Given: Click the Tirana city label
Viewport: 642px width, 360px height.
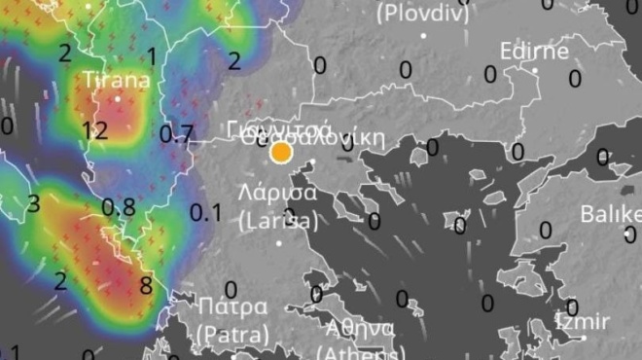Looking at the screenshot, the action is click(x=117, y=80).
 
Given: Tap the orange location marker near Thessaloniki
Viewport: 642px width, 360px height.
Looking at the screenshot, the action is click(x=281, y=152).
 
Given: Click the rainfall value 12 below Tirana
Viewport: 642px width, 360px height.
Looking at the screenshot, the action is click(x=95, y=129).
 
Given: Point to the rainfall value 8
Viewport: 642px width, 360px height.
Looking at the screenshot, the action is click(x=146, y=285).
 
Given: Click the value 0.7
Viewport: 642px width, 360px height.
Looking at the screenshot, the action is click(x=176, y=133).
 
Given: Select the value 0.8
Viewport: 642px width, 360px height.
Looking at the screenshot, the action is click(x=119, y=206).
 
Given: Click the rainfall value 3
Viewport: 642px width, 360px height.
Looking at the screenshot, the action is click(x=34, y=203).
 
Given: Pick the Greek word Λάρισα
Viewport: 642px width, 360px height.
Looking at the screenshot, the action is click(x=277, y=192).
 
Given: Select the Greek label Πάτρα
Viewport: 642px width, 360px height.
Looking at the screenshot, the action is click(x=232, y=308).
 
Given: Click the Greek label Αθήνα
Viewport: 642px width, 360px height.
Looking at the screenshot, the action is click(x=360, y=327).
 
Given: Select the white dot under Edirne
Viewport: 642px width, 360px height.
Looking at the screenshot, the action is click(x=535, y=70).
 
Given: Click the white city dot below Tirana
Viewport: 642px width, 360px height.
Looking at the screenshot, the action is click(x=118, y=98).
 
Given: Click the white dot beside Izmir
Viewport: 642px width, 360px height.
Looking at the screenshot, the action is click(x=584, y=338).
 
